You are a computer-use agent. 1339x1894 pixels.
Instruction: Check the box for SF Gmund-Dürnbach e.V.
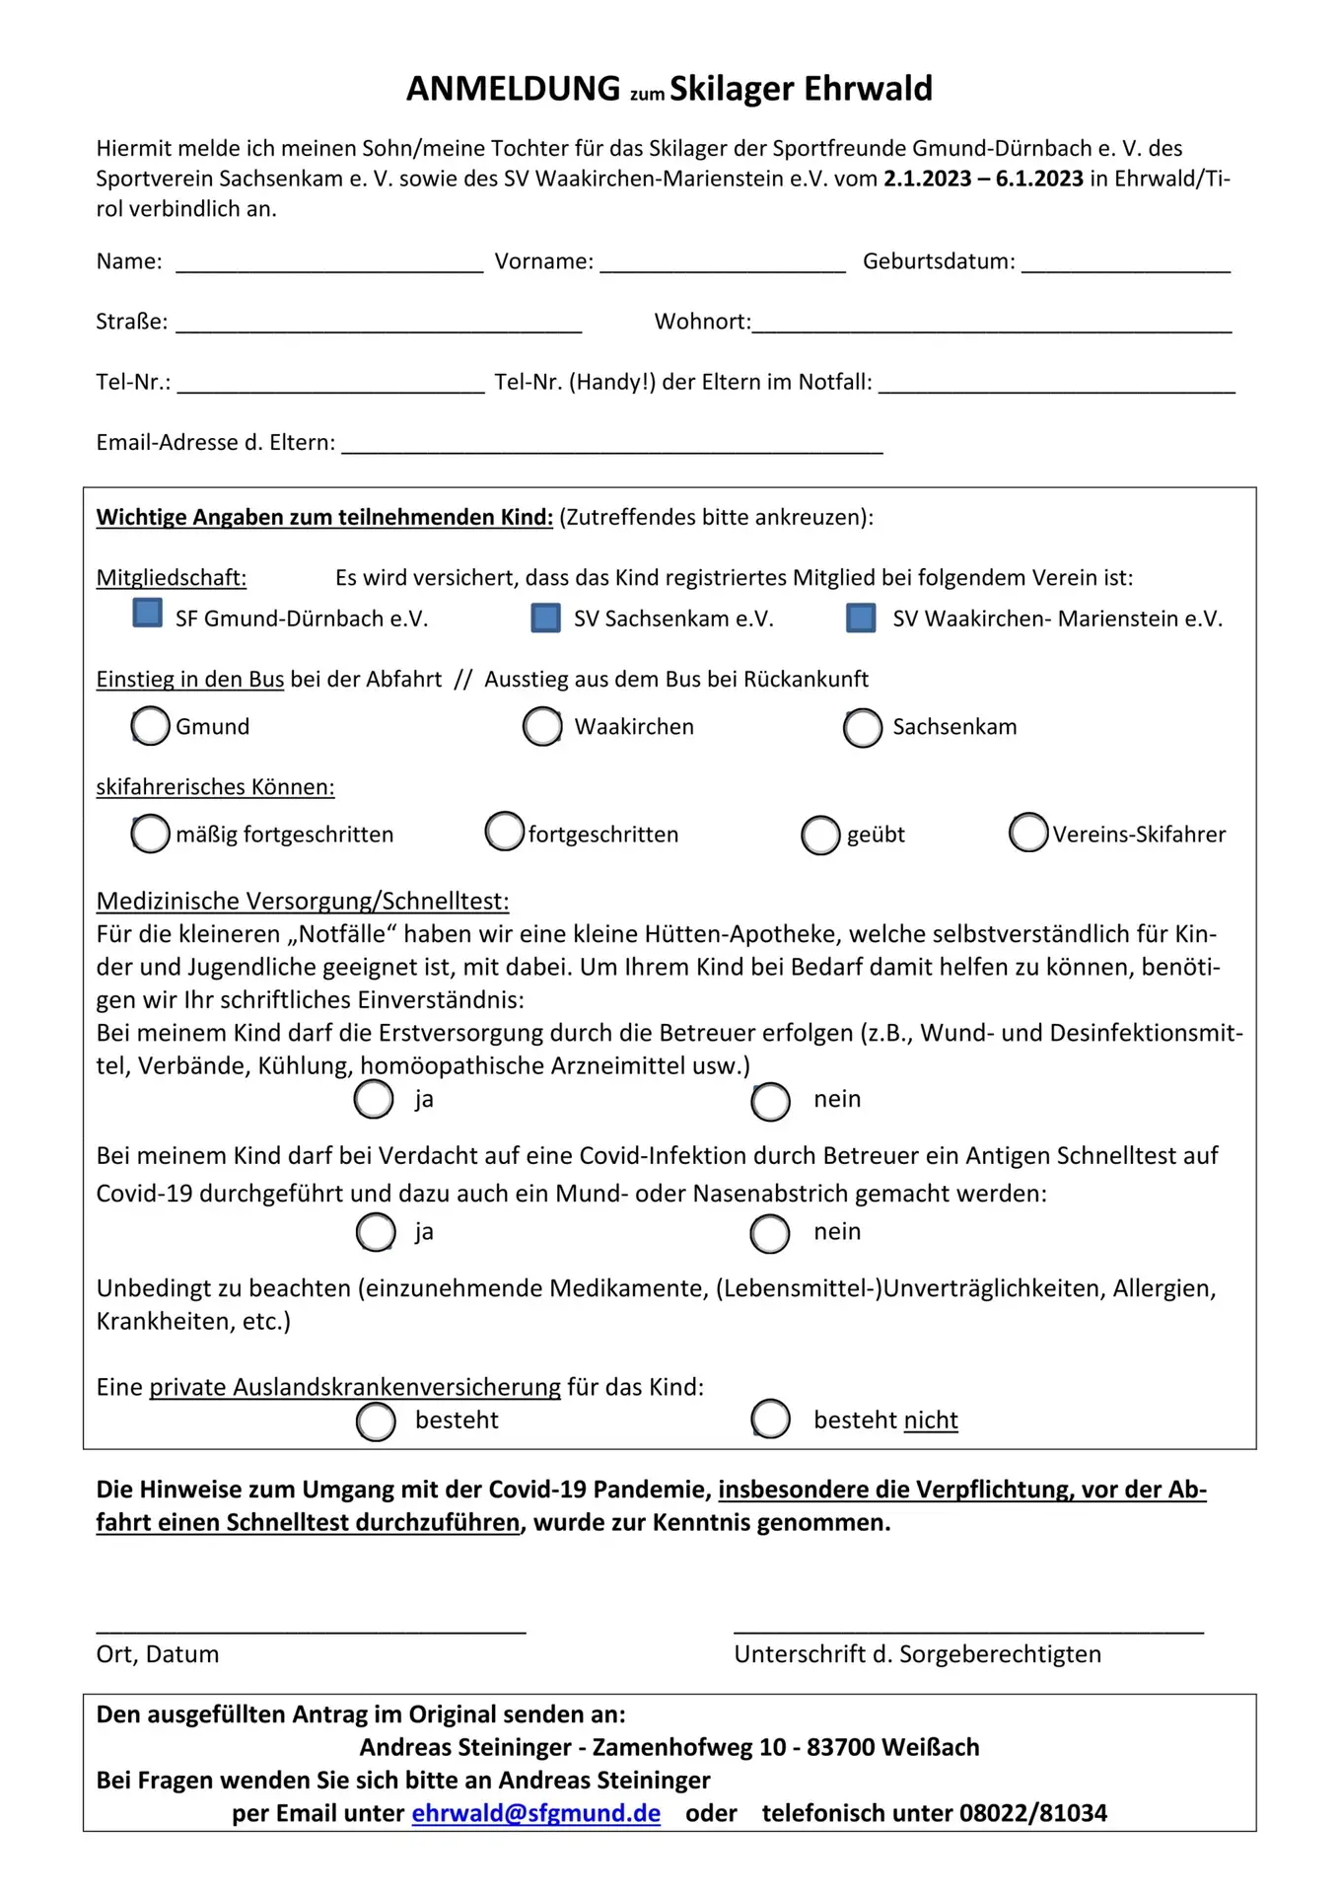click(147, 613)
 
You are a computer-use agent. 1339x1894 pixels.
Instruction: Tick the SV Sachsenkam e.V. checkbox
click(545, 618)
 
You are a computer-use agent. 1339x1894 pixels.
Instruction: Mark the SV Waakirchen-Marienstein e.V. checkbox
click(861, 619)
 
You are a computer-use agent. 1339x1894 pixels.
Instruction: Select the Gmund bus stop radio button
click(150, 726)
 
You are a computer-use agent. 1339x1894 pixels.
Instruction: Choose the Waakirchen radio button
click(542, 726)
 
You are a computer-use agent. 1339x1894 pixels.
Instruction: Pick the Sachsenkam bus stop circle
click(862, 727)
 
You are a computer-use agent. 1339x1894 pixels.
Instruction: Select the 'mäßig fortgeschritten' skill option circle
click(150, 834)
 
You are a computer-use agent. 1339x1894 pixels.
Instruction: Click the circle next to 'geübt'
click(819, 835)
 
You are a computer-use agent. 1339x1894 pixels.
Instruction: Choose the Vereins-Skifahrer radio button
click(1027, 832)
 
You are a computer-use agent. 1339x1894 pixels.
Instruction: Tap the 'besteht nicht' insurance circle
click(770, 1419)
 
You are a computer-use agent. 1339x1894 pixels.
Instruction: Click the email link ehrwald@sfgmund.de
click(535, 1813)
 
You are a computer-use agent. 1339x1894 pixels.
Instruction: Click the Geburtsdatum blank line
click(1125, 266)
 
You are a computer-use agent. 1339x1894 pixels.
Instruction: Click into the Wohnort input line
click(991, 328)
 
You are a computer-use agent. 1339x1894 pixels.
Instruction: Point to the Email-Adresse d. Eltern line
click(611, 448)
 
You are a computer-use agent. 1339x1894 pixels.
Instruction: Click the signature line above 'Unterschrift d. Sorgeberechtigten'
click(968, 1629)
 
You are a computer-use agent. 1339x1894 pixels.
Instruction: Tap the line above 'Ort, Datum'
click(311, 1629)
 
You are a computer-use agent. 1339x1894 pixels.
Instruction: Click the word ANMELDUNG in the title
click(513, 89)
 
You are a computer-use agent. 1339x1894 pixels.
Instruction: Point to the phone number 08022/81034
click(1032, 1813)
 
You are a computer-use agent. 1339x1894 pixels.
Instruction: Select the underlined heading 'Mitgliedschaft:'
click(171, 578)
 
